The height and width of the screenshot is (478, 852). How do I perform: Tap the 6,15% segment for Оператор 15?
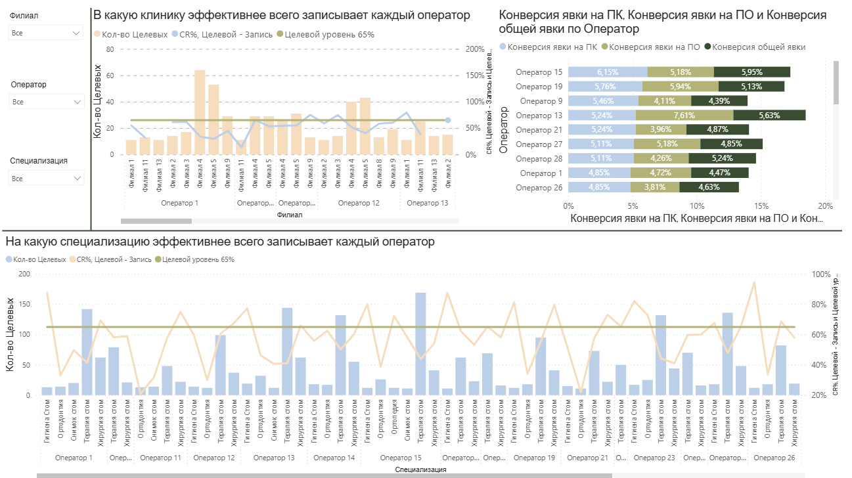pyautogui.click(x=608, y=72)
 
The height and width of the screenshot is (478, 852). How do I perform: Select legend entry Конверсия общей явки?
pyautogui.click(x=758, y=47)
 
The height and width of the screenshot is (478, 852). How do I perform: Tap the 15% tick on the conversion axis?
pyautogui.click(x=761, y=204)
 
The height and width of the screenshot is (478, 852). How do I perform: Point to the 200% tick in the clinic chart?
pyautogui.click(x=474, y=49)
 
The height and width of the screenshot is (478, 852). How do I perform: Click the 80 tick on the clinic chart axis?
pyautogui.click(x=110, y=49)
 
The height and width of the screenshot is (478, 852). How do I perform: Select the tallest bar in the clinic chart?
pyautogui.click(x=200, y=112)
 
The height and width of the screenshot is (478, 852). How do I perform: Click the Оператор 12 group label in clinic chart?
pyautogui.click(x=359, y=203)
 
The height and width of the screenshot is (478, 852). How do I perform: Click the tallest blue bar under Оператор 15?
pyautogui.click(x=420, y=343)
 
